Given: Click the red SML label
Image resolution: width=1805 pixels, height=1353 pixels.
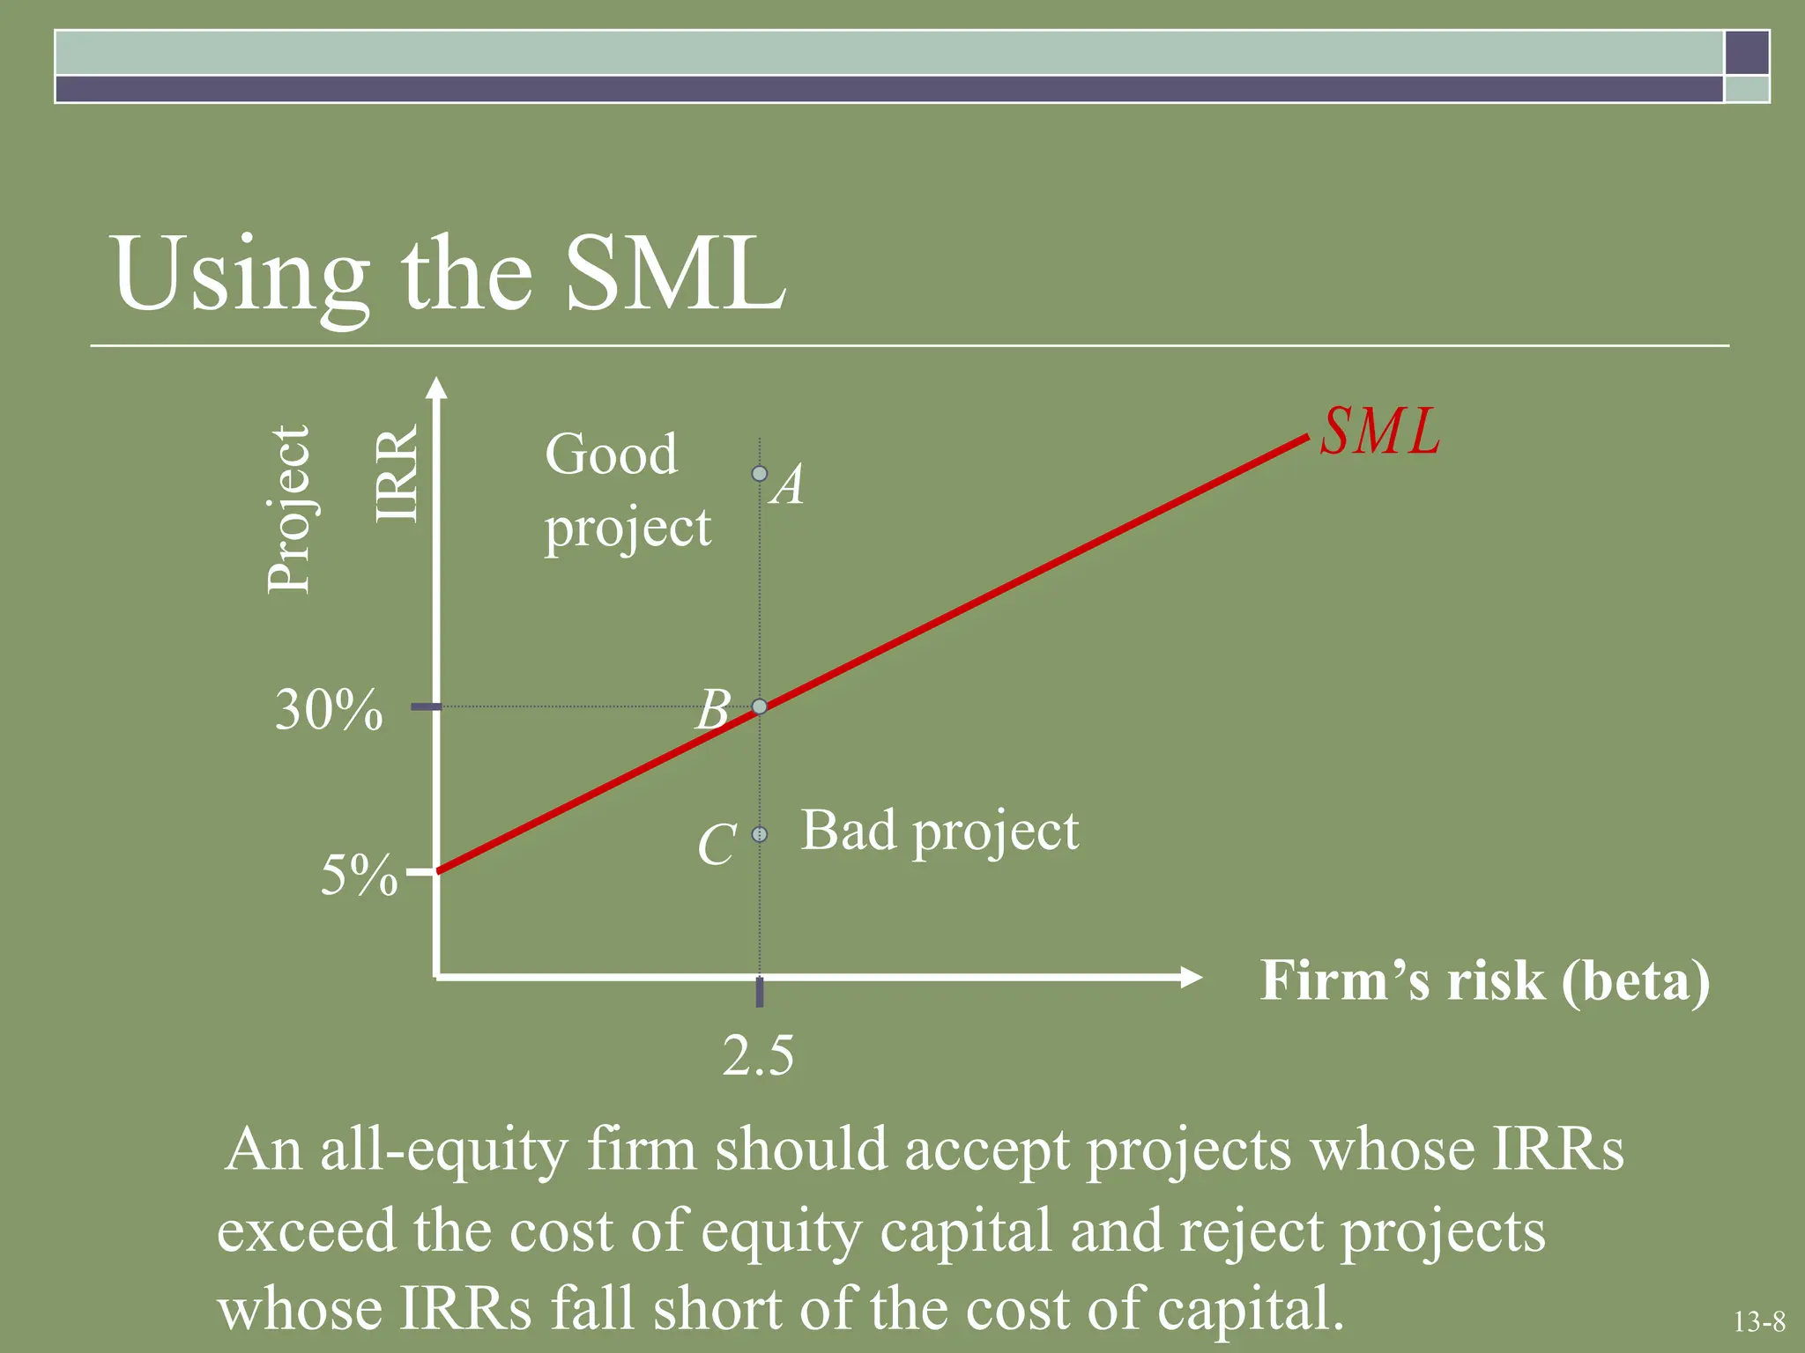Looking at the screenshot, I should tap(1379, 433).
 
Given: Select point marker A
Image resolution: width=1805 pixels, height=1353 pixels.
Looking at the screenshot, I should tap(760, 474).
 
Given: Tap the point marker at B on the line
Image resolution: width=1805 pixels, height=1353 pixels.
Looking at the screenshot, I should tap(760, 706).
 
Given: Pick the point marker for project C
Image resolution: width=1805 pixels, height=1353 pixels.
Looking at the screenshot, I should tap(760, 834).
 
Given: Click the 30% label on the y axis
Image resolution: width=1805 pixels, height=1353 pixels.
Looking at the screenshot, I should tap(329, 709).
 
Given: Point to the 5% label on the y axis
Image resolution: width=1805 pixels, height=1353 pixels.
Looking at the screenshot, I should tap(359, 876).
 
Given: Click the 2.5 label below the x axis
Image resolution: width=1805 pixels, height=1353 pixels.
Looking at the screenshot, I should tap(758, 1055).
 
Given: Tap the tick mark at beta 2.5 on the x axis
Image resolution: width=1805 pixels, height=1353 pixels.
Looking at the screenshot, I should tap(760, 992).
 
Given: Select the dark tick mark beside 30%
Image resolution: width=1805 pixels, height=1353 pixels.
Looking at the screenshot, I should tap(426, 706).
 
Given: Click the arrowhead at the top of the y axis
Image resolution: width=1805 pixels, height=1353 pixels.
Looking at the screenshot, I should tap(436, 389).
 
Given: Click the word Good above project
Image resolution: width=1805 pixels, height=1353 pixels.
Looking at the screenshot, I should tap(611, 455).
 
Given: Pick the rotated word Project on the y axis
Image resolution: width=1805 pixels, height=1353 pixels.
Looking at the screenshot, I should tap(289, 509).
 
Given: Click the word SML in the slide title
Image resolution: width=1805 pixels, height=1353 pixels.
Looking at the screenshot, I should tap(674, 274).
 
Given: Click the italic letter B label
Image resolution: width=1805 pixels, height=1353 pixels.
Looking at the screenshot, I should tap(713, 710).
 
